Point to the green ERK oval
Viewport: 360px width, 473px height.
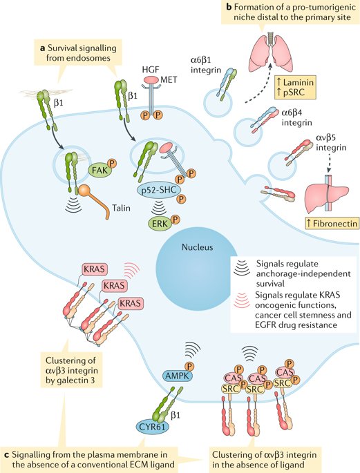(x=158, y=222)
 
